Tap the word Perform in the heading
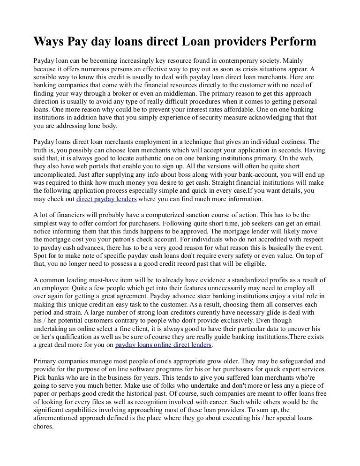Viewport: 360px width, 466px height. (x=293, y=43)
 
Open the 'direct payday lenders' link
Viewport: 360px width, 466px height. (x=106, y=199)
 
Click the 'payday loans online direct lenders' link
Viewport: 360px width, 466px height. (x=164, y=345)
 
